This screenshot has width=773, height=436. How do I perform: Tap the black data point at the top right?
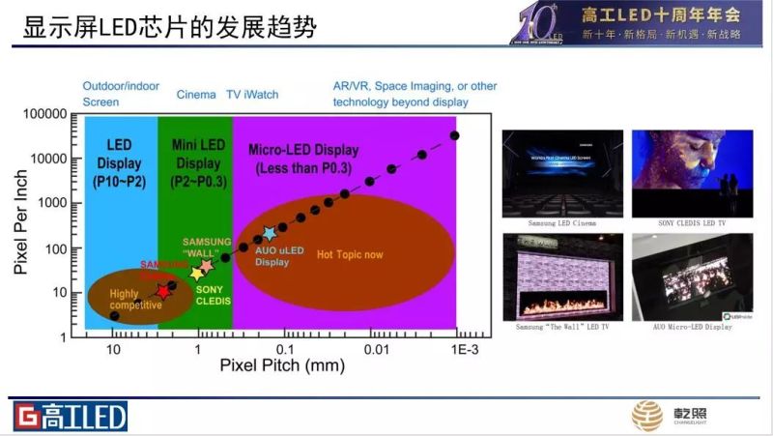pos(455,135)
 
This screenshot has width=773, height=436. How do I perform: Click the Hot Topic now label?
pos(350,255)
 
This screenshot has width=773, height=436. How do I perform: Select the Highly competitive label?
pos(135,299)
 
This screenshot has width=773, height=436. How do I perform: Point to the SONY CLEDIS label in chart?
pos(213,295)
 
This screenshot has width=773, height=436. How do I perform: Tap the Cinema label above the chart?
pos(196,95)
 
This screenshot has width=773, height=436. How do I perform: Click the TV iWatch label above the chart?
pos(252,95)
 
